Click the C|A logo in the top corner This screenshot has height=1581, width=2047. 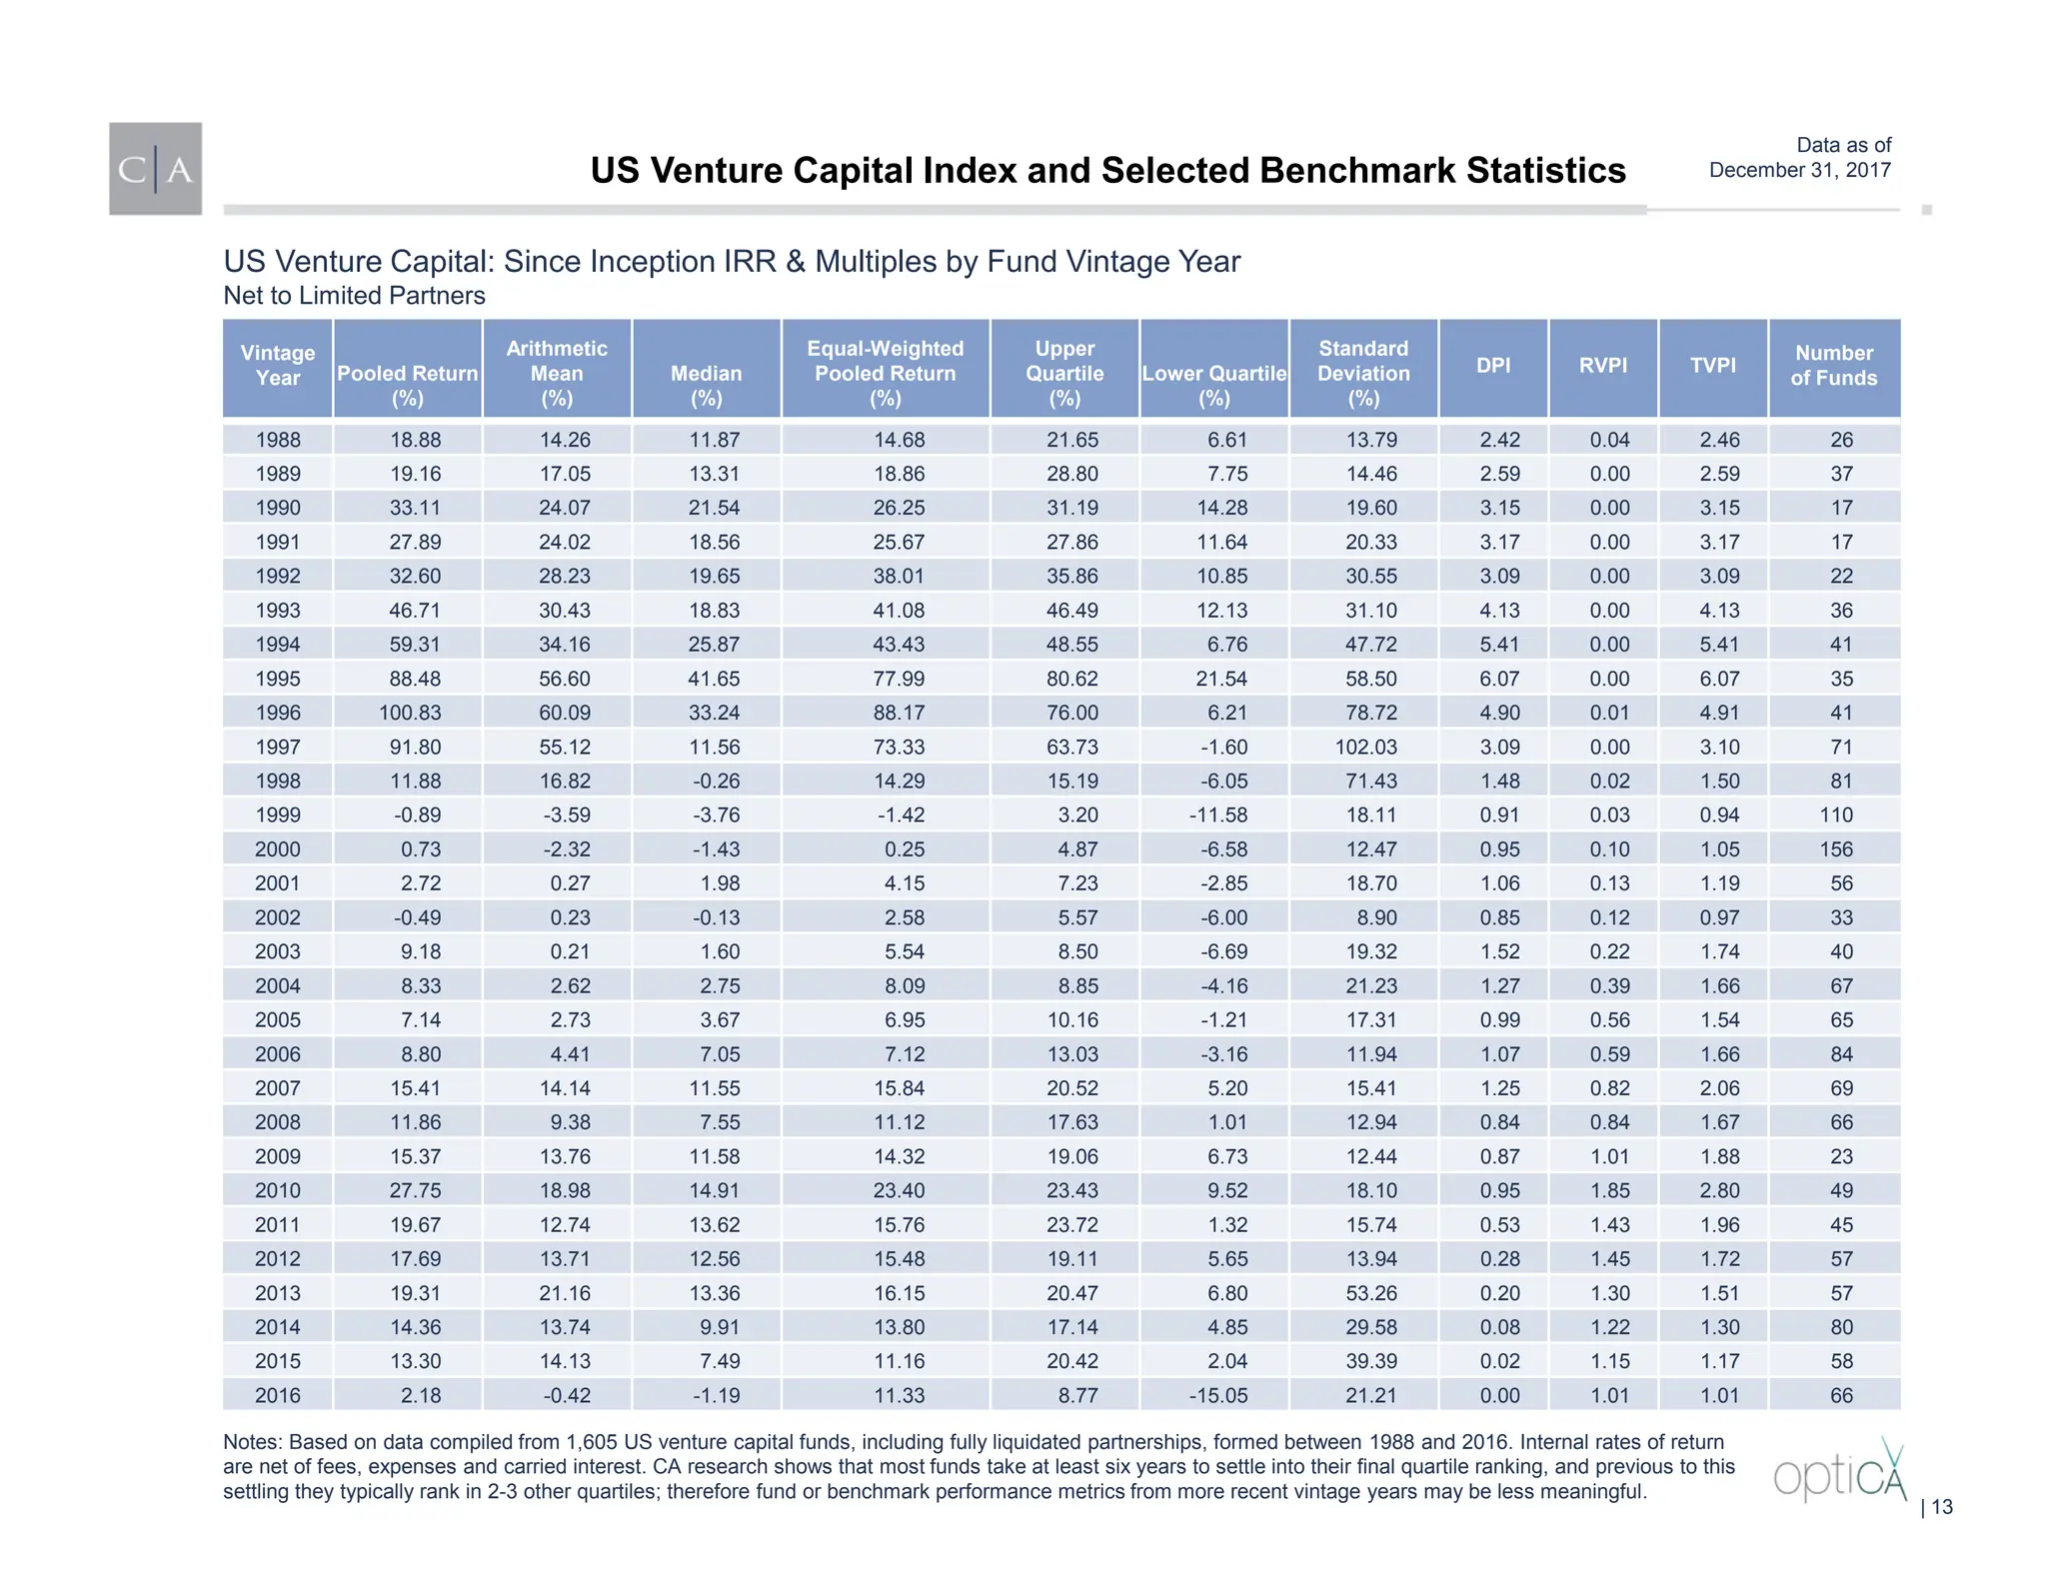pos(155,169)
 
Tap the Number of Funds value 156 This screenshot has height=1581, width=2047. pos(1835,849)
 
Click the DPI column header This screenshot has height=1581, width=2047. pos(1493,366)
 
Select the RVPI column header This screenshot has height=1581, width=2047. pos(1603,366)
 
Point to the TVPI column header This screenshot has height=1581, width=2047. pos(1713,366)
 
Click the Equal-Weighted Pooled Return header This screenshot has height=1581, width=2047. pos(886,373)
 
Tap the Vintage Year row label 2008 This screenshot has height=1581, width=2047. pos(278,1122)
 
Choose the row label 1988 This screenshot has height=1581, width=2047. pos(278,440)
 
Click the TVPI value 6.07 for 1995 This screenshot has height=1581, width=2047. pos(1719,679)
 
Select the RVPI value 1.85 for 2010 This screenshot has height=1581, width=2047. pos(1609,1190)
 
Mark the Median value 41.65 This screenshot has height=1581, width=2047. pos(714,679)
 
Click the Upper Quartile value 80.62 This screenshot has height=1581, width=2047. pos(1071,679)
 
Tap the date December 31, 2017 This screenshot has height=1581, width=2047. pos(1799,170)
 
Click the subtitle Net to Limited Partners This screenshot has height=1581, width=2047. pos(354,296)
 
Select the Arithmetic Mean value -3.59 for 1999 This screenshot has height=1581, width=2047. pos(566,815)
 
